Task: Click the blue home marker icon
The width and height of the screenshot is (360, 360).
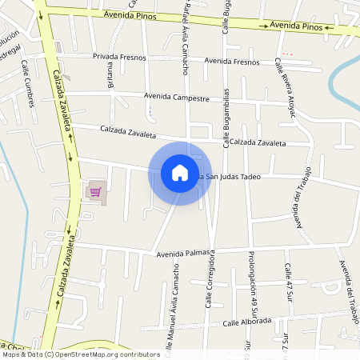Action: (x=180, y=173)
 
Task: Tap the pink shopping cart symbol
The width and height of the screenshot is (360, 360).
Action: (x=95, y=191)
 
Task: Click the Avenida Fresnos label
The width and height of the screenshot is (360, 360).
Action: (x=232, y=62)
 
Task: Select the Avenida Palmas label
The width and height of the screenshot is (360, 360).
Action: (x=183, y=254)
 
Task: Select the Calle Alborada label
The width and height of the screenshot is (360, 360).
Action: (x=247, y=322)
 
